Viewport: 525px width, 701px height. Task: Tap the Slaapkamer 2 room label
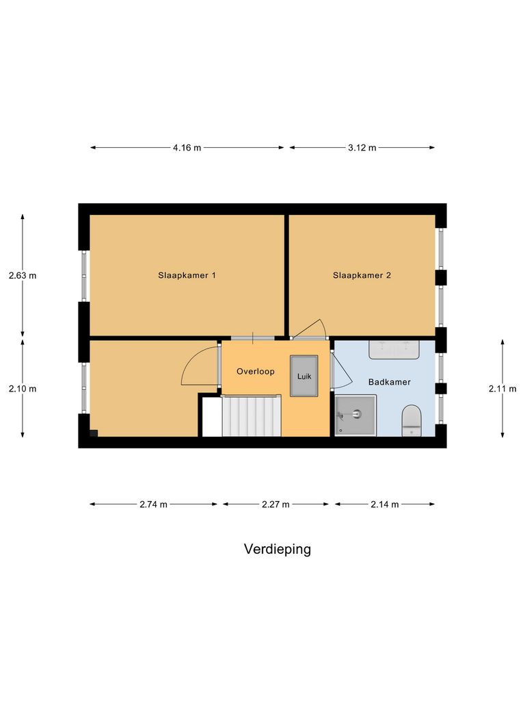[x=362, y=276]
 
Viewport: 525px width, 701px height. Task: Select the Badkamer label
[x=389, y=382]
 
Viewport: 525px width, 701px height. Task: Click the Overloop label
[x=255, y=372]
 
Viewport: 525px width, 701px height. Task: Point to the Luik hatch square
[x=304, y=376]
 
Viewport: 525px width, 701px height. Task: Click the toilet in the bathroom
[x=411, y=420]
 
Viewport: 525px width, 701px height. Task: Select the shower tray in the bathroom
[x=355, y=416]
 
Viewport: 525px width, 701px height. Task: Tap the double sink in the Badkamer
[x=393, y=349]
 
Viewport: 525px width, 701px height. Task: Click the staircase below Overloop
[x=251, y=416]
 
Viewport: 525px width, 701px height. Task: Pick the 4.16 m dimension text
[x=187, y=148]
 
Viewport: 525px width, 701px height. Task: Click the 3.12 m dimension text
[x=362, y=148]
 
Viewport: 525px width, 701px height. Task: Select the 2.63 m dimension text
[x=23, y=276]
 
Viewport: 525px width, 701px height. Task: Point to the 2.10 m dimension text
[x=23, y=389]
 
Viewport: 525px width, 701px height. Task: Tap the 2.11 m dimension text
[x=502, y=389]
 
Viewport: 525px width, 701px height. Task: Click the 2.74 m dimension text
[x=153, y=505]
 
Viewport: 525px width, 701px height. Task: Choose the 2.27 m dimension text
[x=275, y=505]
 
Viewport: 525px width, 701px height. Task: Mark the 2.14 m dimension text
[x=384, y=505]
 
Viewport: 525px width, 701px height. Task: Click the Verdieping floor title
[x=277, y=549]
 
